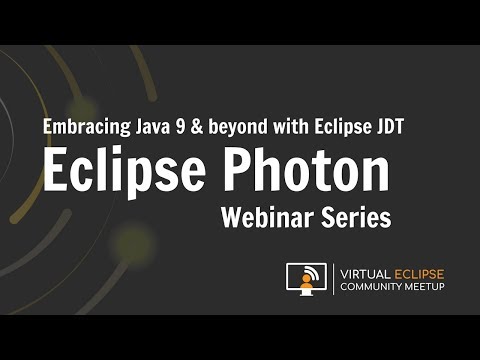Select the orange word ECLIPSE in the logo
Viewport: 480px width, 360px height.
click(x=418, y=272)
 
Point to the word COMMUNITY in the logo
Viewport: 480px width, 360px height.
click(x=374, y=287)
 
